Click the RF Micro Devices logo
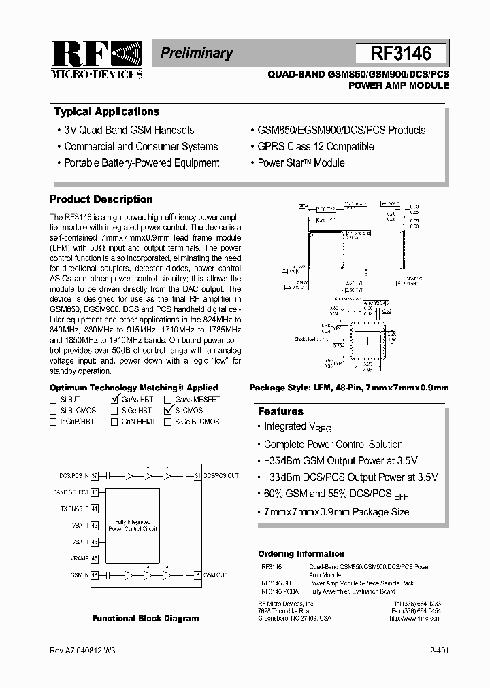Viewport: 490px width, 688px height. point(96,61)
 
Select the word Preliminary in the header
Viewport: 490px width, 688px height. point(196,53)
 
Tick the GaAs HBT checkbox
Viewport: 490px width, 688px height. point(114,400)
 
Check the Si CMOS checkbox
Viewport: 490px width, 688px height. point(167,411)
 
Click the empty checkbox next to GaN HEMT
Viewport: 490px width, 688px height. point(114,422)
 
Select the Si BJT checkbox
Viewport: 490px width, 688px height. point(54,400)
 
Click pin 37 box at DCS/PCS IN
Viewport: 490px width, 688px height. point(95,475)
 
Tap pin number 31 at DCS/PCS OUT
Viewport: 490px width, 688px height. point(197,475)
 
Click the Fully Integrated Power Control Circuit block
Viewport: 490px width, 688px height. point(133,525)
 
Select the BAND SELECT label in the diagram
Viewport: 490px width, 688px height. point(71,492)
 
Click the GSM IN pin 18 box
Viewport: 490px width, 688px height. point(95,574)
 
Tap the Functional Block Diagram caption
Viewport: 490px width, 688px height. point(146,619)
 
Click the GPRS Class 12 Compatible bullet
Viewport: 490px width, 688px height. point(315,146)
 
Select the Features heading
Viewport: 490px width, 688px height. point(280,411)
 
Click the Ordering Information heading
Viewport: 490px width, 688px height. point(301,554)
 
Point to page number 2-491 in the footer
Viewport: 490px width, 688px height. point(438,651)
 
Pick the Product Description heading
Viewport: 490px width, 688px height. point(101,199)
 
